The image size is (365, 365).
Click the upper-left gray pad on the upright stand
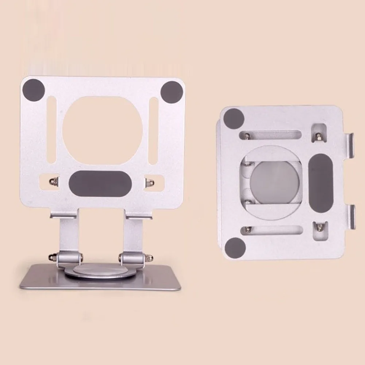pyautogui.click(x=34, y=90)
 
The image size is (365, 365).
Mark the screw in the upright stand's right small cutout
pyautogui.click(x=149, y=181)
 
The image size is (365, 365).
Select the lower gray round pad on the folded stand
pyautogui.click(x=235, y=247)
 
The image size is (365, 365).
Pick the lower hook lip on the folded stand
pyautogui.click(x=351, y=217)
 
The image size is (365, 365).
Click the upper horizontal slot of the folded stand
pyautogui.click(x=270, y=135)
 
